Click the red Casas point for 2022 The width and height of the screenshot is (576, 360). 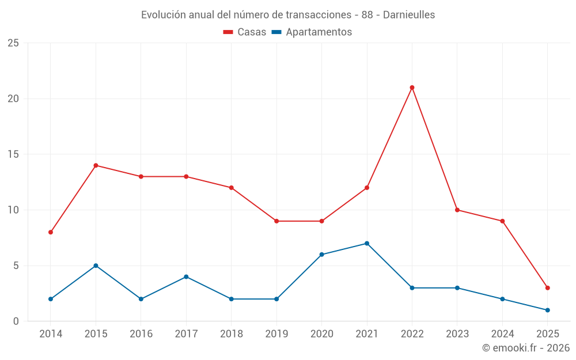[412, 88]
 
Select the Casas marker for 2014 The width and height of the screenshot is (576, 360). [51, 232]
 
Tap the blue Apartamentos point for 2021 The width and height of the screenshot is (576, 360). [367, 243]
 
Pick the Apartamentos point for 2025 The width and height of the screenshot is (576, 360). [547, 310]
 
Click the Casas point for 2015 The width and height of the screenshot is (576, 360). [96, 165]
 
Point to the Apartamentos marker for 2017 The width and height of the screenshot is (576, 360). [186, 276]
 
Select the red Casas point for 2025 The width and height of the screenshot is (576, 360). [547, 288]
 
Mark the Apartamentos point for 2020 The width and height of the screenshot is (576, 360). [321, 255]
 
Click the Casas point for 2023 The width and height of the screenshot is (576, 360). [457, 210]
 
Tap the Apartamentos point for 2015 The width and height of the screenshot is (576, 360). [96, 266]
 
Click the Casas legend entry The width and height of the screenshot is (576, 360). [245, 32]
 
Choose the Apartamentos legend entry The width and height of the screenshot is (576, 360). [312, 32]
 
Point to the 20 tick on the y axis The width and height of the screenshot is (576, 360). [13, 98]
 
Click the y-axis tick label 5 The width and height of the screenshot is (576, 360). [16, 266]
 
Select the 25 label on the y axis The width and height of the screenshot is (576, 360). [13, 43]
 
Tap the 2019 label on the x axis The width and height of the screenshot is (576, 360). [276, 334]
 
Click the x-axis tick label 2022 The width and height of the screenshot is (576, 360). [412, 334]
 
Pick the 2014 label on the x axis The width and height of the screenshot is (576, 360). [51, 334]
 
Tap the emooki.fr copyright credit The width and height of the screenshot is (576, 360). [526, 348]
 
